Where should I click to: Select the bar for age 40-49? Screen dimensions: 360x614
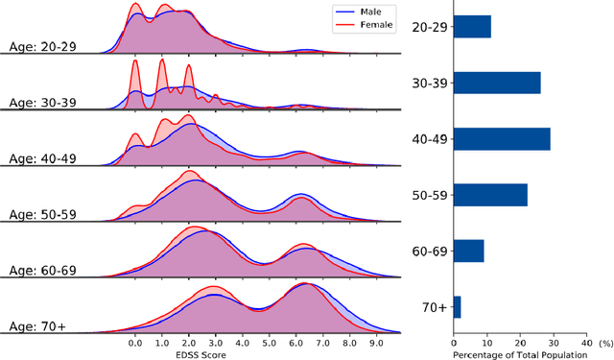(501, 139)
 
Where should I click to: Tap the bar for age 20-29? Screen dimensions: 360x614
(472, 27)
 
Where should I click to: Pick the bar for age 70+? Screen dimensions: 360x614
(457, 307)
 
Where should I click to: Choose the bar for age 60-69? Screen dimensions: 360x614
(468, 252)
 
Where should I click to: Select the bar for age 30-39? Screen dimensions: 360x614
(496, 83)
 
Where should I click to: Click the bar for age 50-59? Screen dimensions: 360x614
(489, 195)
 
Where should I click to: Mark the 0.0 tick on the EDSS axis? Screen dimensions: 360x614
(135, 341)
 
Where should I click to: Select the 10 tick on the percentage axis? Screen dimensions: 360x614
(486, 340)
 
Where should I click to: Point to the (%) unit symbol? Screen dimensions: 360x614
(604, 341)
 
